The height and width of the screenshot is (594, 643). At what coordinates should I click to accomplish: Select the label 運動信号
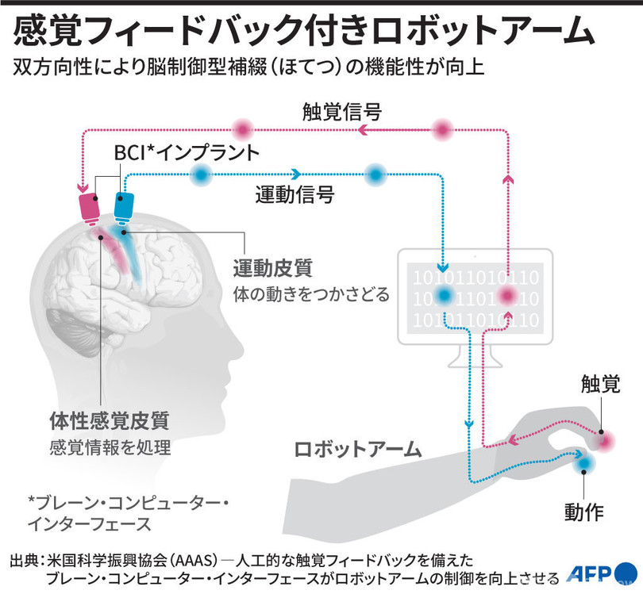click(295, 194)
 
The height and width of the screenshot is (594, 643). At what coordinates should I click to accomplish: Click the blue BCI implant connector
click(125, 206)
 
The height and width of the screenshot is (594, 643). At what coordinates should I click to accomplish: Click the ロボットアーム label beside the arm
click(356, 449)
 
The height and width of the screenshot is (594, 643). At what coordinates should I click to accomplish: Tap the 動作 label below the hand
click(584, 510)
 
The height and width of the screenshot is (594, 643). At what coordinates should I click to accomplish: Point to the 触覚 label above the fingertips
click(602, 386)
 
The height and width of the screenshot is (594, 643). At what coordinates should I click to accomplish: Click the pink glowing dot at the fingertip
click(607, 439)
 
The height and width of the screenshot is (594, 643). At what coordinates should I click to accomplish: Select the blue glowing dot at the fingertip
click(585, 462)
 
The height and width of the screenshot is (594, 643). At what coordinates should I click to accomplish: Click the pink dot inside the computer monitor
click(506, 297)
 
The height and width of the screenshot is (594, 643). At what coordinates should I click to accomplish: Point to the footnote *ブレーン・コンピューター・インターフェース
click(128, 512)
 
